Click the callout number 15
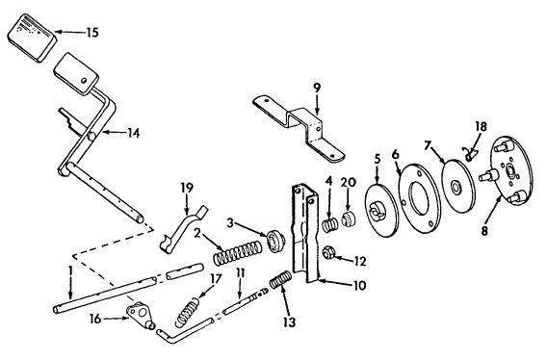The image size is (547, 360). point(92,32)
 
